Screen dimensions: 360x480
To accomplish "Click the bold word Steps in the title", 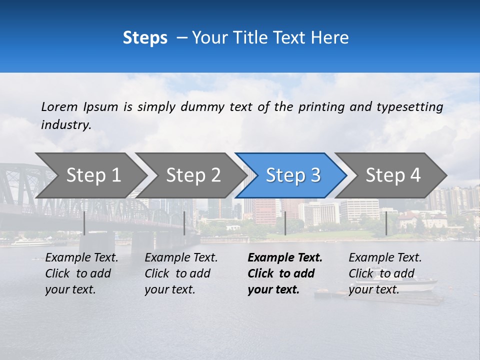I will [145, 38].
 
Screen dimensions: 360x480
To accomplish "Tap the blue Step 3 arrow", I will [293, 175].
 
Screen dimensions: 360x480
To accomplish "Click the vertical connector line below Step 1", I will [84, 223].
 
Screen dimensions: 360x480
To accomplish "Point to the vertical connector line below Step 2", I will [184, 223].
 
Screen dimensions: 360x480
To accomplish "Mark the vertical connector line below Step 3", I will [285, 223].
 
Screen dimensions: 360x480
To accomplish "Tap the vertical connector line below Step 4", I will [386, 223].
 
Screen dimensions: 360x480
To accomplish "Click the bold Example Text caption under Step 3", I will [284, 273].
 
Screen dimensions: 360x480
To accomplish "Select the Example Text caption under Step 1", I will [81, 273].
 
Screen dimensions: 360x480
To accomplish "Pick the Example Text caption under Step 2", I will [181, 273].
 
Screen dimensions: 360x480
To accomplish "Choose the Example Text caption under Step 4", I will [385, 273].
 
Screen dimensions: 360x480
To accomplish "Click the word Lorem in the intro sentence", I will [59, 106].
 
